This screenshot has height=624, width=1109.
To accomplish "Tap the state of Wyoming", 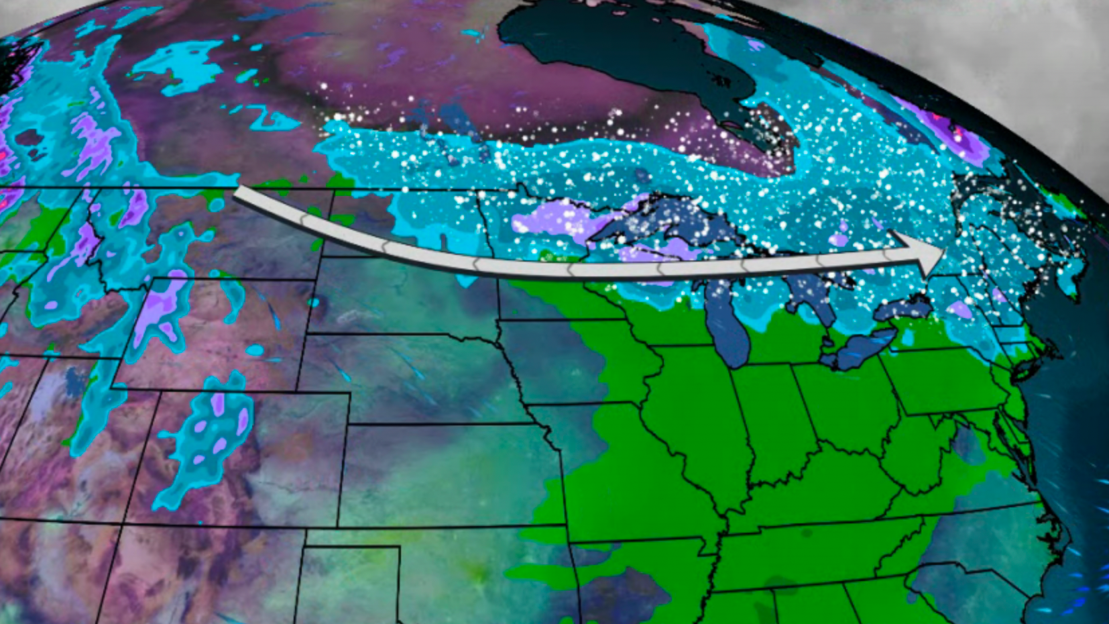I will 215,335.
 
